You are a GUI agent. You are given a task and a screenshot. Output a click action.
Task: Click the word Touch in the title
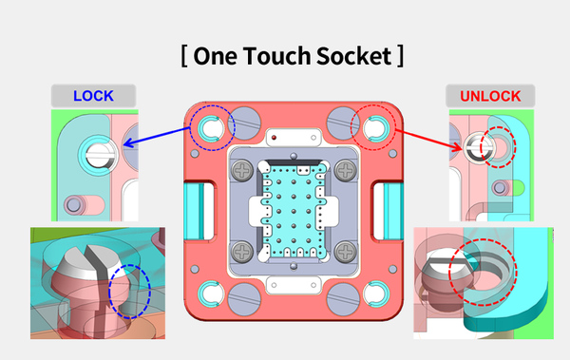click(x=270, y=55)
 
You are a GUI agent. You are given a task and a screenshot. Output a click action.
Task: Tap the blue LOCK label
click(x=93, y=96)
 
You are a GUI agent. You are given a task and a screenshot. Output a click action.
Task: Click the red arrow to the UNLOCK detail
click(x=423, y=137)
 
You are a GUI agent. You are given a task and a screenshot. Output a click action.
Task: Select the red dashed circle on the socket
click(x=371, y=126)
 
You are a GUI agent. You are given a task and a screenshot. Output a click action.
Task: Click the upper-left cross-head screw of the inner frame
click(x=243, y=172)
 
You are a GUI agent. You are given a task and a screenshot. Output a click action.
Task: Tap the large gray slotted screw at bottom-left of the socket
click(x=241, y=298)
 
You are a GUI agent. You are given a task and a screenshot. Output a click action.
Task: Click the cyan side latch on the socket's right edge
click(x=384, y=206)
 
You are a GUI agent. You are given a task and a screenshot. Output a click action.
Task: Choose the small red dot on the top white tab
click(x=274, y=139)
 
